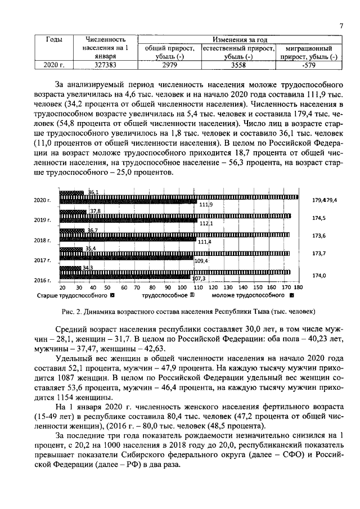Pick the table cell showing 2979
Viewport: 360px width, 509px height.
pyautogui.click(x=169, y=65)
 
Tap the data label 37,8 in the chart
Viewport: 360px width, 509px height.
pyautogui.click(x=96, y=211)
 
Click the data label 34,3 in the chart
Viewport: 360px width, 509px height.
pyautogui.click(x=88, y=268)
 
